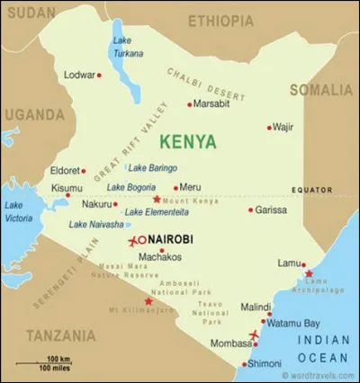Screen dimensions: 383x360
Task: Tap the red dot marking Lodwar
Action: [x=99, y=75]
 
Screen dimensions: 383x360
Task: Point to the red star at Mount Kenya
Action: [x=157, y=199]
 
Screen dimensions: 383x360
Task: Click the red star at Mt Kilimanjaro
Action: [x=148, y=300]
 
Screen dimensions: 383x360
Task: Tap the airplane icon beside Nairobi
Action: [x=136, y=240]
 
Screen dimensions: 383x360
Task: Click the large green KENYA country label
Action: [x=187, y=141]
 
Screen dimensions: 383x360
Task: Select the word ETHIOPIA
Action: [x=220, y=21]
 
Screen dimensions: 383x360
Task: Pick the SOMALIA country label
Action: [x=321, y=90]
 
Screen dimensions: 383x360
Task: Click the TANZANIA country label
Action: [x=61, y=334]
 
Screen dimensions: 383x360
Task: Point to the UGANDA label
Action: [x=33, y=114]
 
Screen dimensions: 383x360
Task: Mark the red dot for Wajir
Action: [x=269, y=128]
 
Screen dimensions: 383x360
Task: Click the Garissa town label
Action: [x=271, y=209]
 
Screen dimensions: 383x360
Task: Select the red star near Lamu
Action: [x=309, y=273]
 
